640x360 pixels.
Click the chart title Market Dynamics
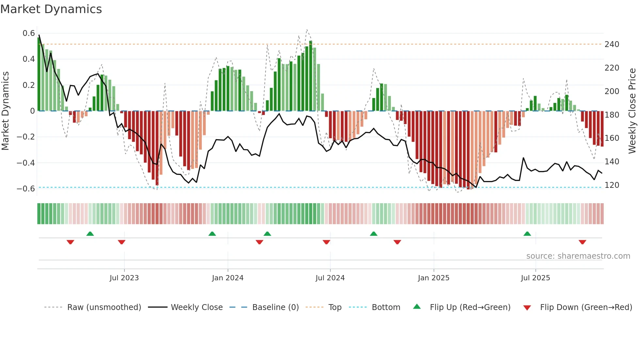click(51, 9)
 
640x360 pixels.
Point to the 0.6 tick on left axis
click(29, 33)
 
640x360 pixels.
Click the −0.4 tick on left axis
click(26, 163)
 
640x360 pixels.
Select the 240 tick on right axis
click(612, 44)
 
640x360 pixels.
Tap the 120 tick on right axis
click(612, 185)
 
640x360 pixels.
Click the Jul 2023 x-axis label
click(124, 278)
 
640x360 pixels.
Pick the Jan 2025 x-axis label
click(433, 278)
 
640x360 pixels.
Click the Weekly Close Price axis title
click(632, 111)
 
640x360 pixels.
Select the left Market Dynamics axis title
click(5, 111)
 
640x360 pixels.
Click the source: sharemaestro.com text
click(578, 256)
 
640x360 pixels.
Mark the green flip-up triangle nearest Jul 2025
click(527, 234)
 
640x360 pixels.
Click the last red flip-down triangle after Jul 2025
click(582, 242)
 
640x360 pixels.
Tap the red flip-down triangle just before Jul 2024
click(326, 242)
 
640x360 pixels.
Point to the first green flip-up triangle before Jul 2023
click(90, 234)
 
